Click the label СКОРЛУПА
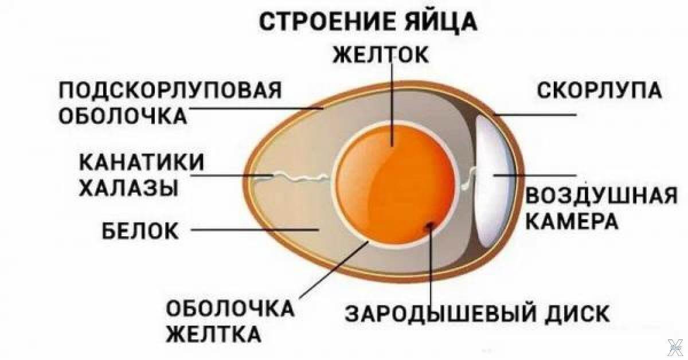click(x=599, y=90)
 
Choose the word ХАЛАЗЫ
click(x=127, y=187)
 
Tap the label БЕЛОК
click(x=140, y=231)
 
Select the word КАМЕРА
click(x=572, y=221)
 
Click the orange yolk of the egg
click(x=390, y=183)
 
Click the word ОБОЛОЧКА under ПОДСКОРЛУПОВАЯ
click(x=123, y=115)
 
